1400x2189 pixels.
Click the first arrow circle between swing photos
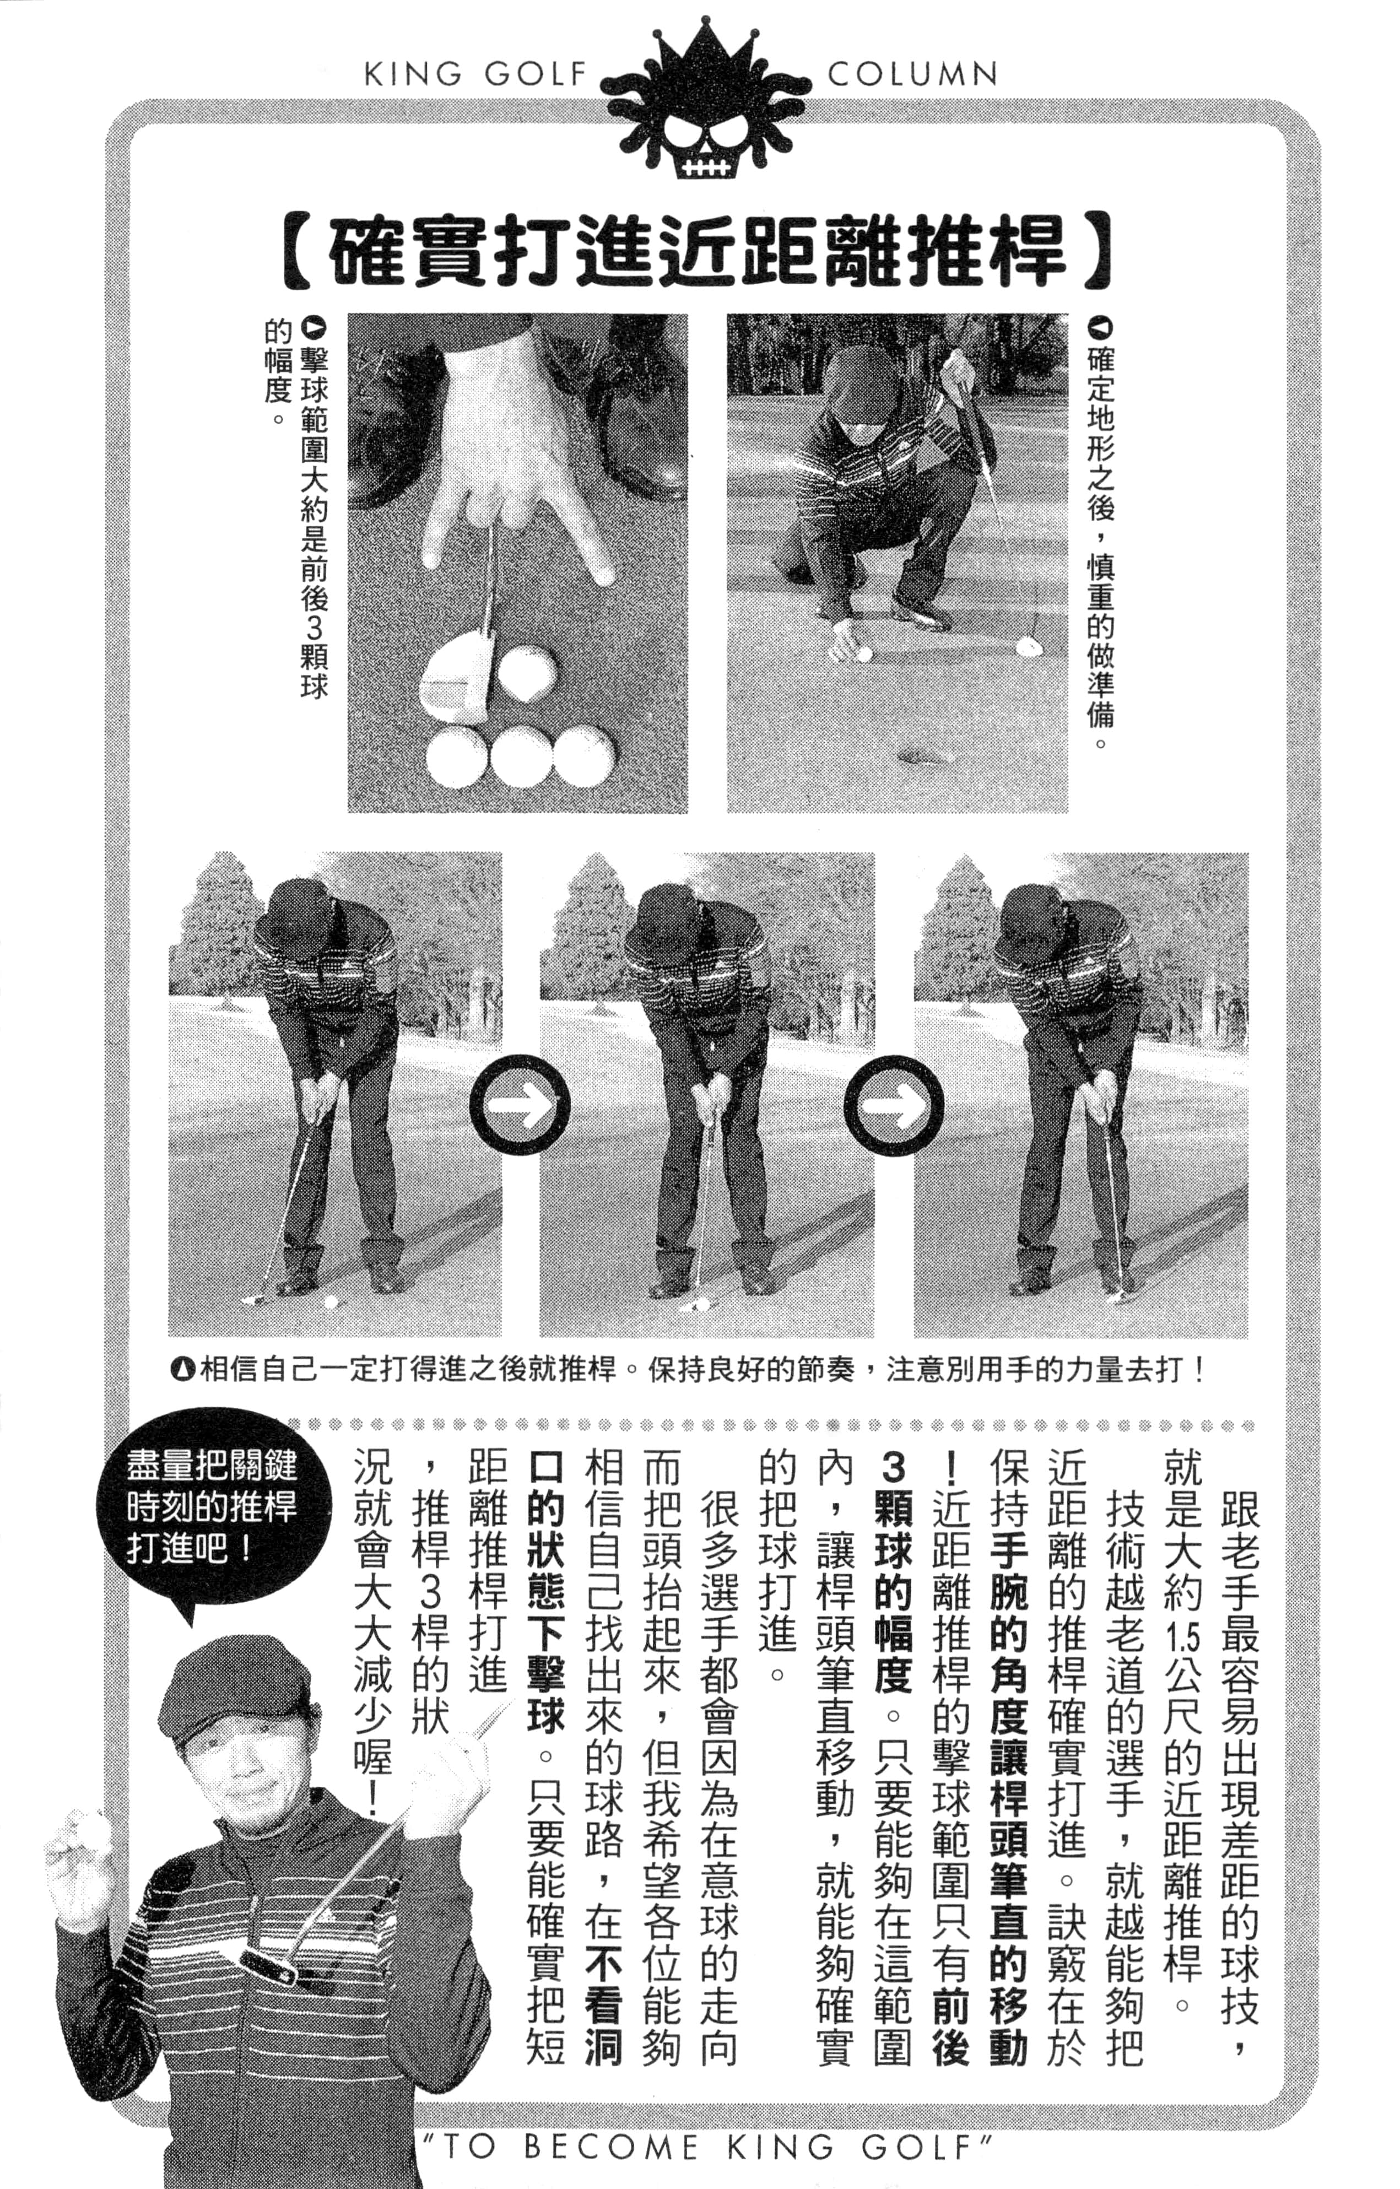(x=519, y=1105)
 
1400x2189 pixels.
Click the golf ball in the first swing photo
(x=331, y=1302)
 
